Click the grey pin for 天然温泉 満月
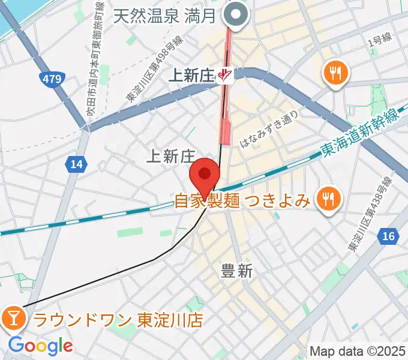(235, 14)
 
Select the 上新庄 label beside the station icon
(192, 76)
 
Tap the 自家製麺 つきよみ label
(242, 199)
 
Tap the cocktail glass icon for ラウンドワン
(13, 317)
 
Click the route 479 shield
(51, 78)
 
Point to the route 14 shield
(76, 164)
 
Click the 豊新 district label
(236, 271)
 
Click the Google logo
(40, 346)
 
